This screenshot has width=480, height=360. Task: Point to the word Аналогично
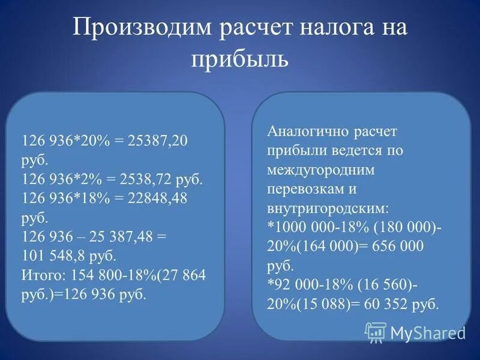point(305,131)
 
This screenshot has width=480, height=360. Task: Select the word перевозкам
point(304,189)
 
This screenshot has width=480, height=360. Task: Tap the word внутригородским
point(327,208)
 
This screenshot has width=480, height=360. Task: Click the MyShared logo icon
point(376,332)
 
